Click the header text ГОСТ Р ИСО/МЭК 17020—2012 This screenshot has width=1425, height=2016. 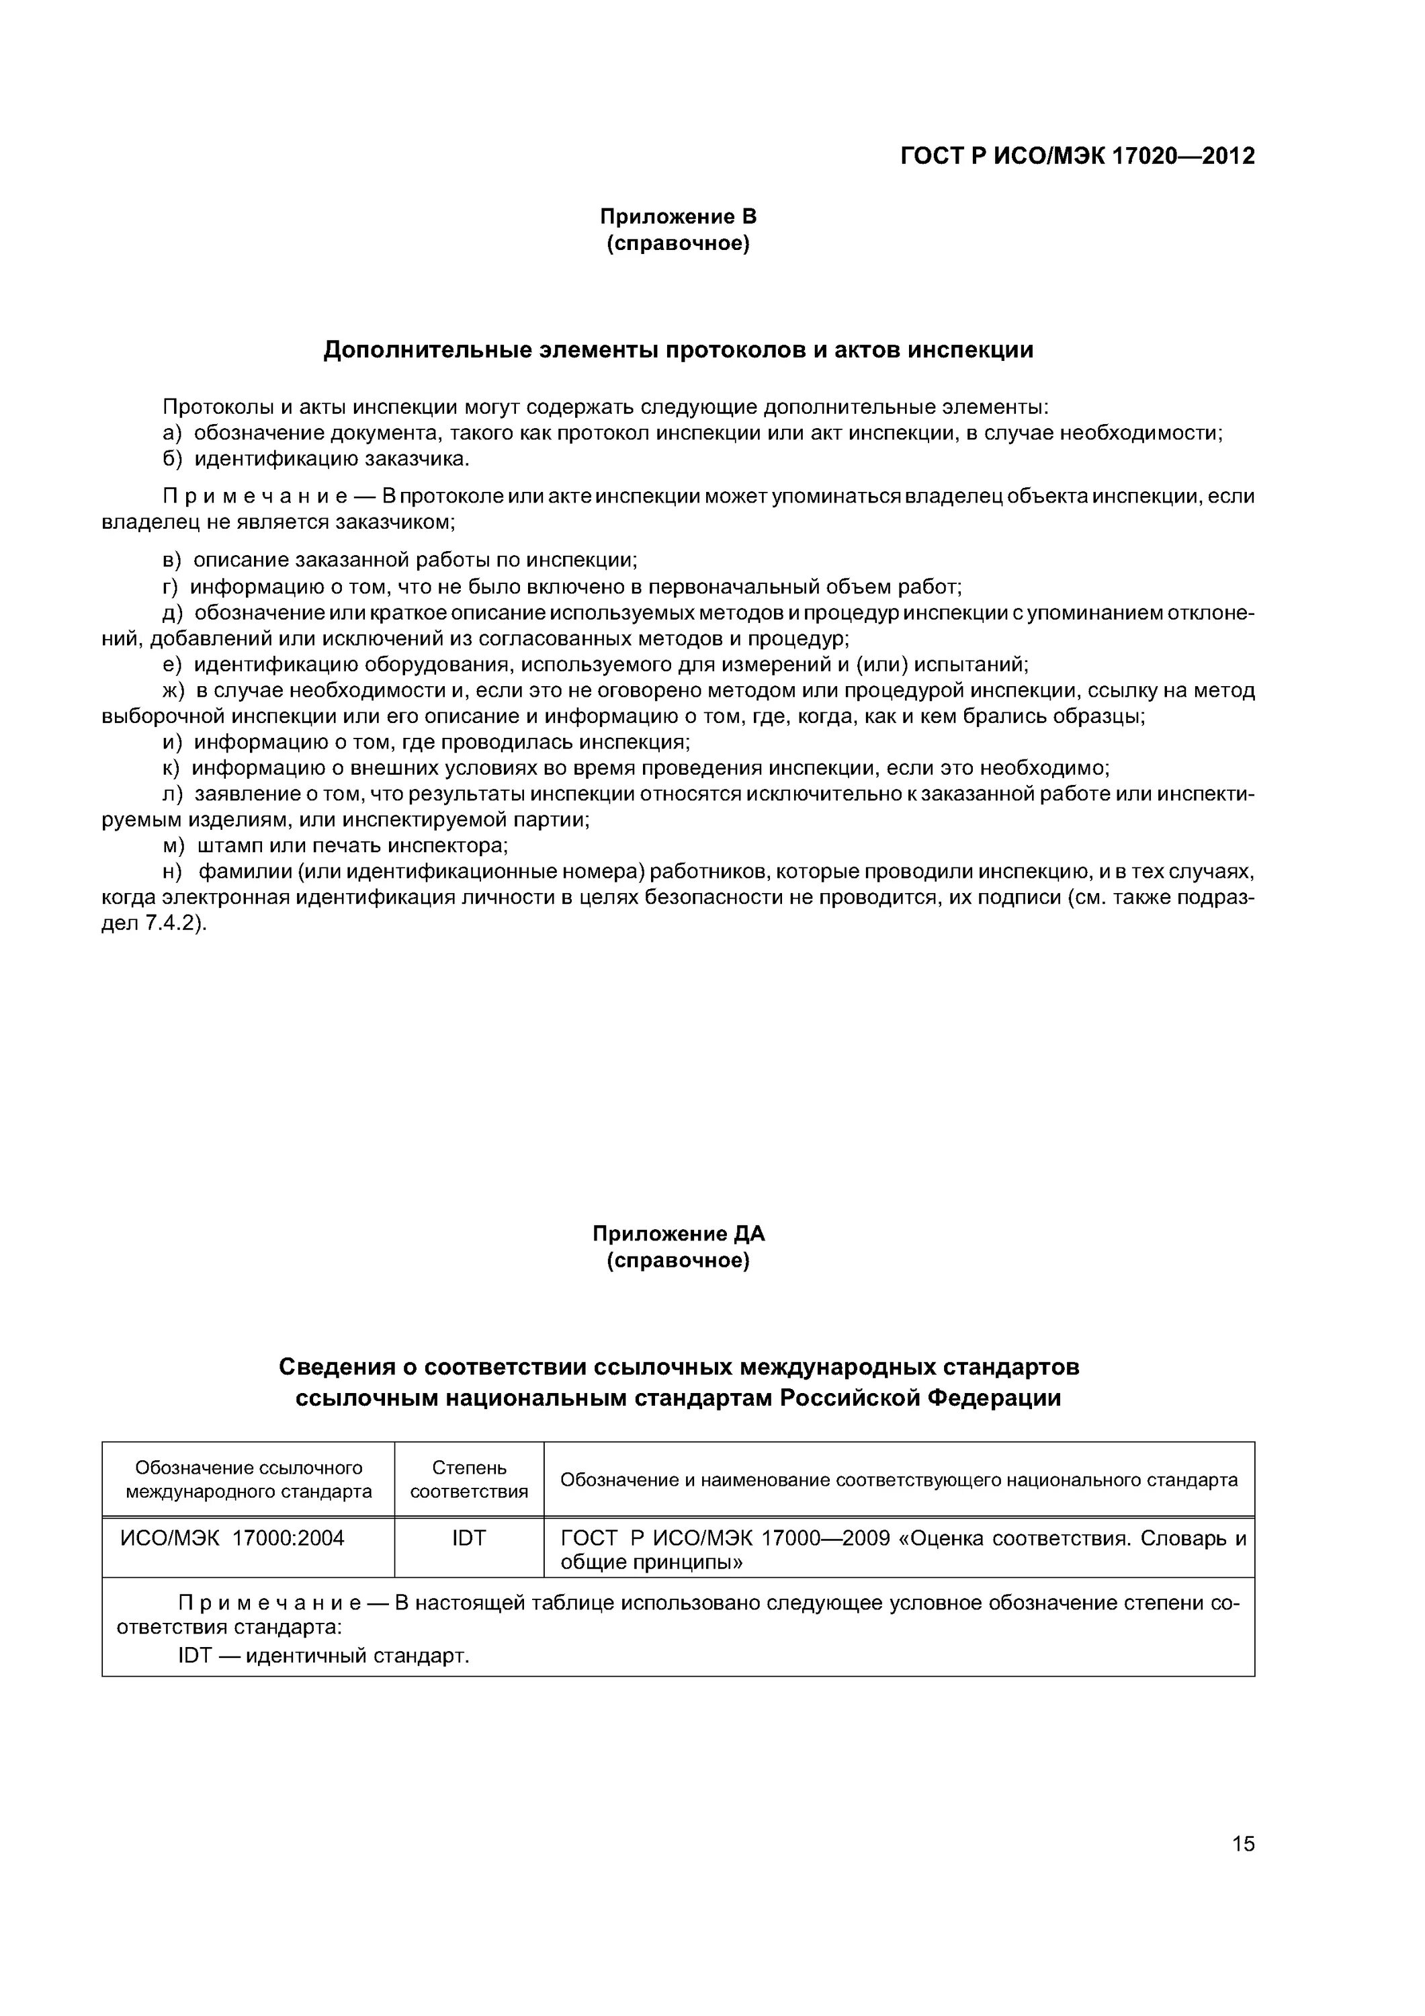pyautogui.click(x=1078, y=157)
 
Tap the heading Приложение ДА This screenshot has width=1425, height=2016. pyautogui.click(x=678, y=1234)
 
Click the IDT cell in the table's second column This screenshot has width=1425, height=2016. pyautogui.click(x=469, y=1538)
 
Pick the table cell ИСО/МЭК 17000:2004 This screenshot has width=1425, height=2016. pyautogui.click(x=232, y=1538)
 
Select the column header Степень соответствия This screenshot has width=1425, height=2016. pyautogui.click(x=469, y=1480)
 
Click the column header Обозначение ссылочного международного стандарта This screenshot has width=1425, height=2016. pyautogui.click(x=249, y=1480)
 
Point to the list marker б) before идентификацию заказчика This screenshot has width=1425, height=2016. pyautogui.click(x=172, y=459)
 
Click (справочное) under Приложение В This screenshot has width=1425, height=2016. pyautogui.click(x=678, y=243)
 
